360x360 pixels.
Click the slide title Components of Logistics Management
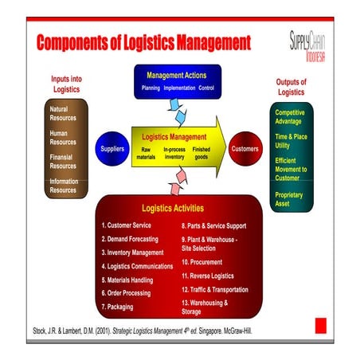click(143, 41)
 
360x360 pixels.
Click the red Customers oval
click(245, 149)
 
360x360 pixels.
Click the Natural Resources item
click(64, 113)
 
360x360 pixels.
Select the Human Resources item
click(64, 137)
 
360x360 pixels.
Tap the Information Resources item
click(64, 186)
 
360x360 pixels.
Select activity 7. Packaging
click(117, 306)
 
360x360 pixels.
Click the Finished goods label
click(202, 153)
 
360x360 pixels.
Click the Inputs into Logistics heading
click(66, 84)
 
